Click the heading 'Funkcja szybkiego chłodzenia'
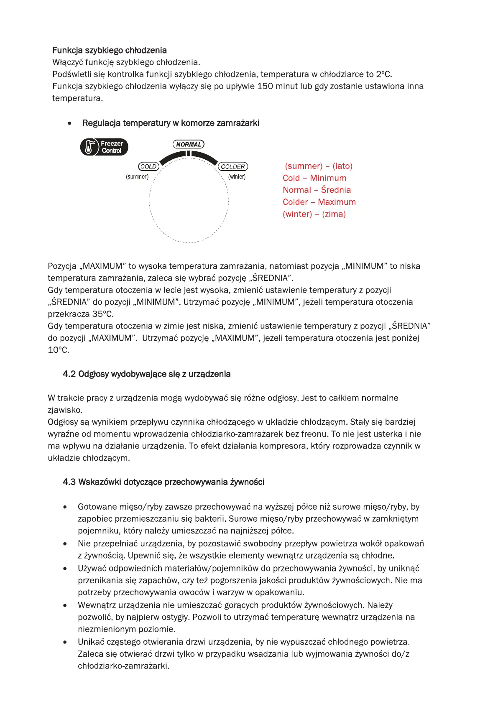tap(109, 51)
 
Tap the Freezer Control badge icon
tap(104, 147)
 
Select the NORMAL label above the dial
tap(189, 145)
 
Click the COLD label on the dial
tap(148, 167)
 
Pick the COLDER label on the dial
tap(233, 167)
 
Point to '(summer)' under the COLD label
tap(137, 177)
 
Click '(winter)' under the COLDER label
tap(237, 177)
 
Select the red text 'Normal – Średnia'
tap(317, 190)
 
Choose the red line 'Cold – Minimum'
tap(314, 178)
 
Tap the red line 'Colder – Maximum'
tap(319, 202)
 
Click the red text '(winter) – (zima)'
tap(314, 214)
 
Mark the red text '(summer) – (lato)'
tap(319, 166)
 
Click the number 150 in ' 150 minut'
tap(265, 87)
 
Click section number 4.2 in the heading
tap(69, 374)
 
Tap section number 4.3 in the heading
tap(69, 482)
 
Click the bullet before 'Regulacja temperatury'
tap(69, 124)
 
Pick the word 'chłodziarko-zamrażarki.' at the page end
tap(123, 666)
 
